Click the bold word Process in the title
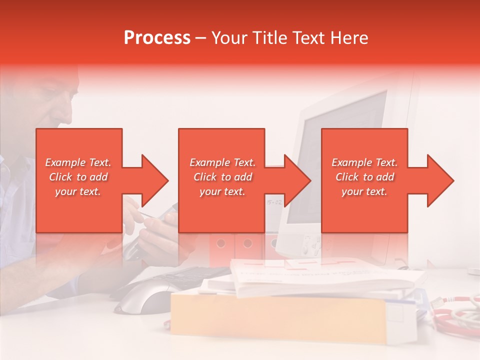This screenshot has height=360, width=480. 157,38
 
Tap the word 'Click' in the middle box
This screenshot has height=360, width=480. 205,177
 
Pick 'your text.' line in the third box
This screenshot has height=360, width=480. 364,191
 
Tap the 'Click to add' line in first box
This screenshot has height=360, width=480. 78,177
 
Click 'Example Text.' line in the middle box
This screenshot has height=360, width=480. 222,162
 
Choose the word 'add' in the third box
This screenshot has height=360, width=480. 385,177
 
